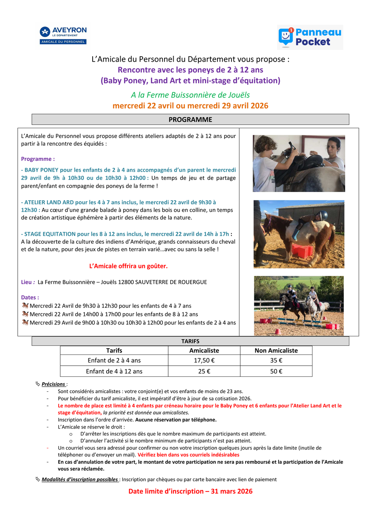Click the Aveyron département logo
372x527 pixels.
coord(63,35)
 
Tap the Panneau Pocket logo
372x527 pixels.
coord(310,37)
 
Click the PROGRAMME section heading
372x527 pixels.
coord(190,120)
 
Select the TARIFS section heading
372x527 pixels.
coord(190,341)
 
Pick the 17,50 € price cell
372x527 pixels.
coord(204,360)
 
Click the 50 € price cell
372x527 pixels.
coord(276,371)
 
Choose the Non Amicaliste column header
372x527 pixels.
coord(276,350)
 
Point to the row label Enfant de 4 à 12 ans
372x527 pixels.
coord(114,371)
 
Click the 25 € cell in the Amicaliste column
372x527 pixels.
coord(204,371)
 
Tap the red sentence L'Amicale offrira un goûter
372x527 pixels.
coord(129,266)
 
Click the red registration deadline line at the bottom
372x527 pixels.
coord(190,491)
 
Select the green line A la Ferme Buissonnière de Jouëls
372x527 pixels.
coord(190,95)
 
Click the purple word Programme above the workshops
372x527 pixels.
coord(38,159)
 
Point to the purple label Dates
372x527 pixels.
coord(30,297)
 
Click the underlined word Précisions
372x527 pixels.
coord(53,384)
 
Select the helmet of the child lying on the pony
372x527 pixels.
coord(323,216)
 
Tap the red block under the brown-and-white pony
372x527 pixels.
coord(302,251)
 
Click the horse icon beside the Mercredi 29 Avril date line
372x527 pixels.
coord(25,323)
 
